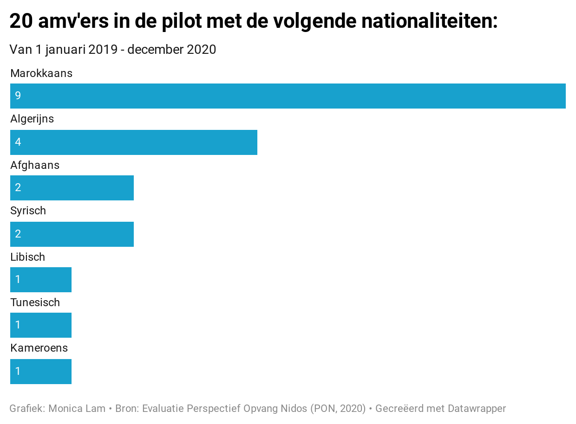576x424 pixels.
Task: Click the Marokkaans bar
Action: coord(288,96)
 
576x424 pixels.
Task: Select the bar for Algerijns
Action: coord(134,142)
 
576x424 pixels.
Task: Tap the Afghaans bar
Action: coord(72,188)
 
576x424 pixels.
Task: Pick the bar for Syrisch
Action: coord(72,234)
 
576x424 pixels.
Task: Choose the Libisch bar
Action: coord(41,280)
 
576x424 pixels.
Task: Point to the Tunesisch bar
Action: coord(41,325)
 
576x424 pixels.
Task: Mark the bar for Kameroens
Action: coord(41,372)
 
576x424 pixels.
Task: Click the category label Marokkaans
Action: coord(41,73)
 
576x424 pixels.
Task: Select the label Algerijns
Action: coord(32,119)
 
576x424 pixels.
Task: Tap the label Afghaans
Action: coord(35,165)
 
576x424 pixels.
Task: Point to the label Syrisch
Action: coord(28,211)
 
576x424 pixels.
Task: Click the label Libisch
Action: coord(27,257)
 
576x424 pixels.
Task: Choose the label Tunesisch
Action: coord(35,302)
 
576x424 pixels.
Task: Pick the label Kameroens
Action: coord(39,348)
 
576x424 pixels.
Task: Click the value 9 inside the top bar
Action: coord(18,96)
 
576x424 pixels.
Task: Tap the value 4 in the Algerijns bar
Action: coord(18,142)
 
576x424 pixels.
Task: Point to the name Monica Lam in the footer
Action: coord(77,409)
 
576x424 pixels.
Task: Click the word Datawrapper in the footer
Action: coord(477,409)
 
